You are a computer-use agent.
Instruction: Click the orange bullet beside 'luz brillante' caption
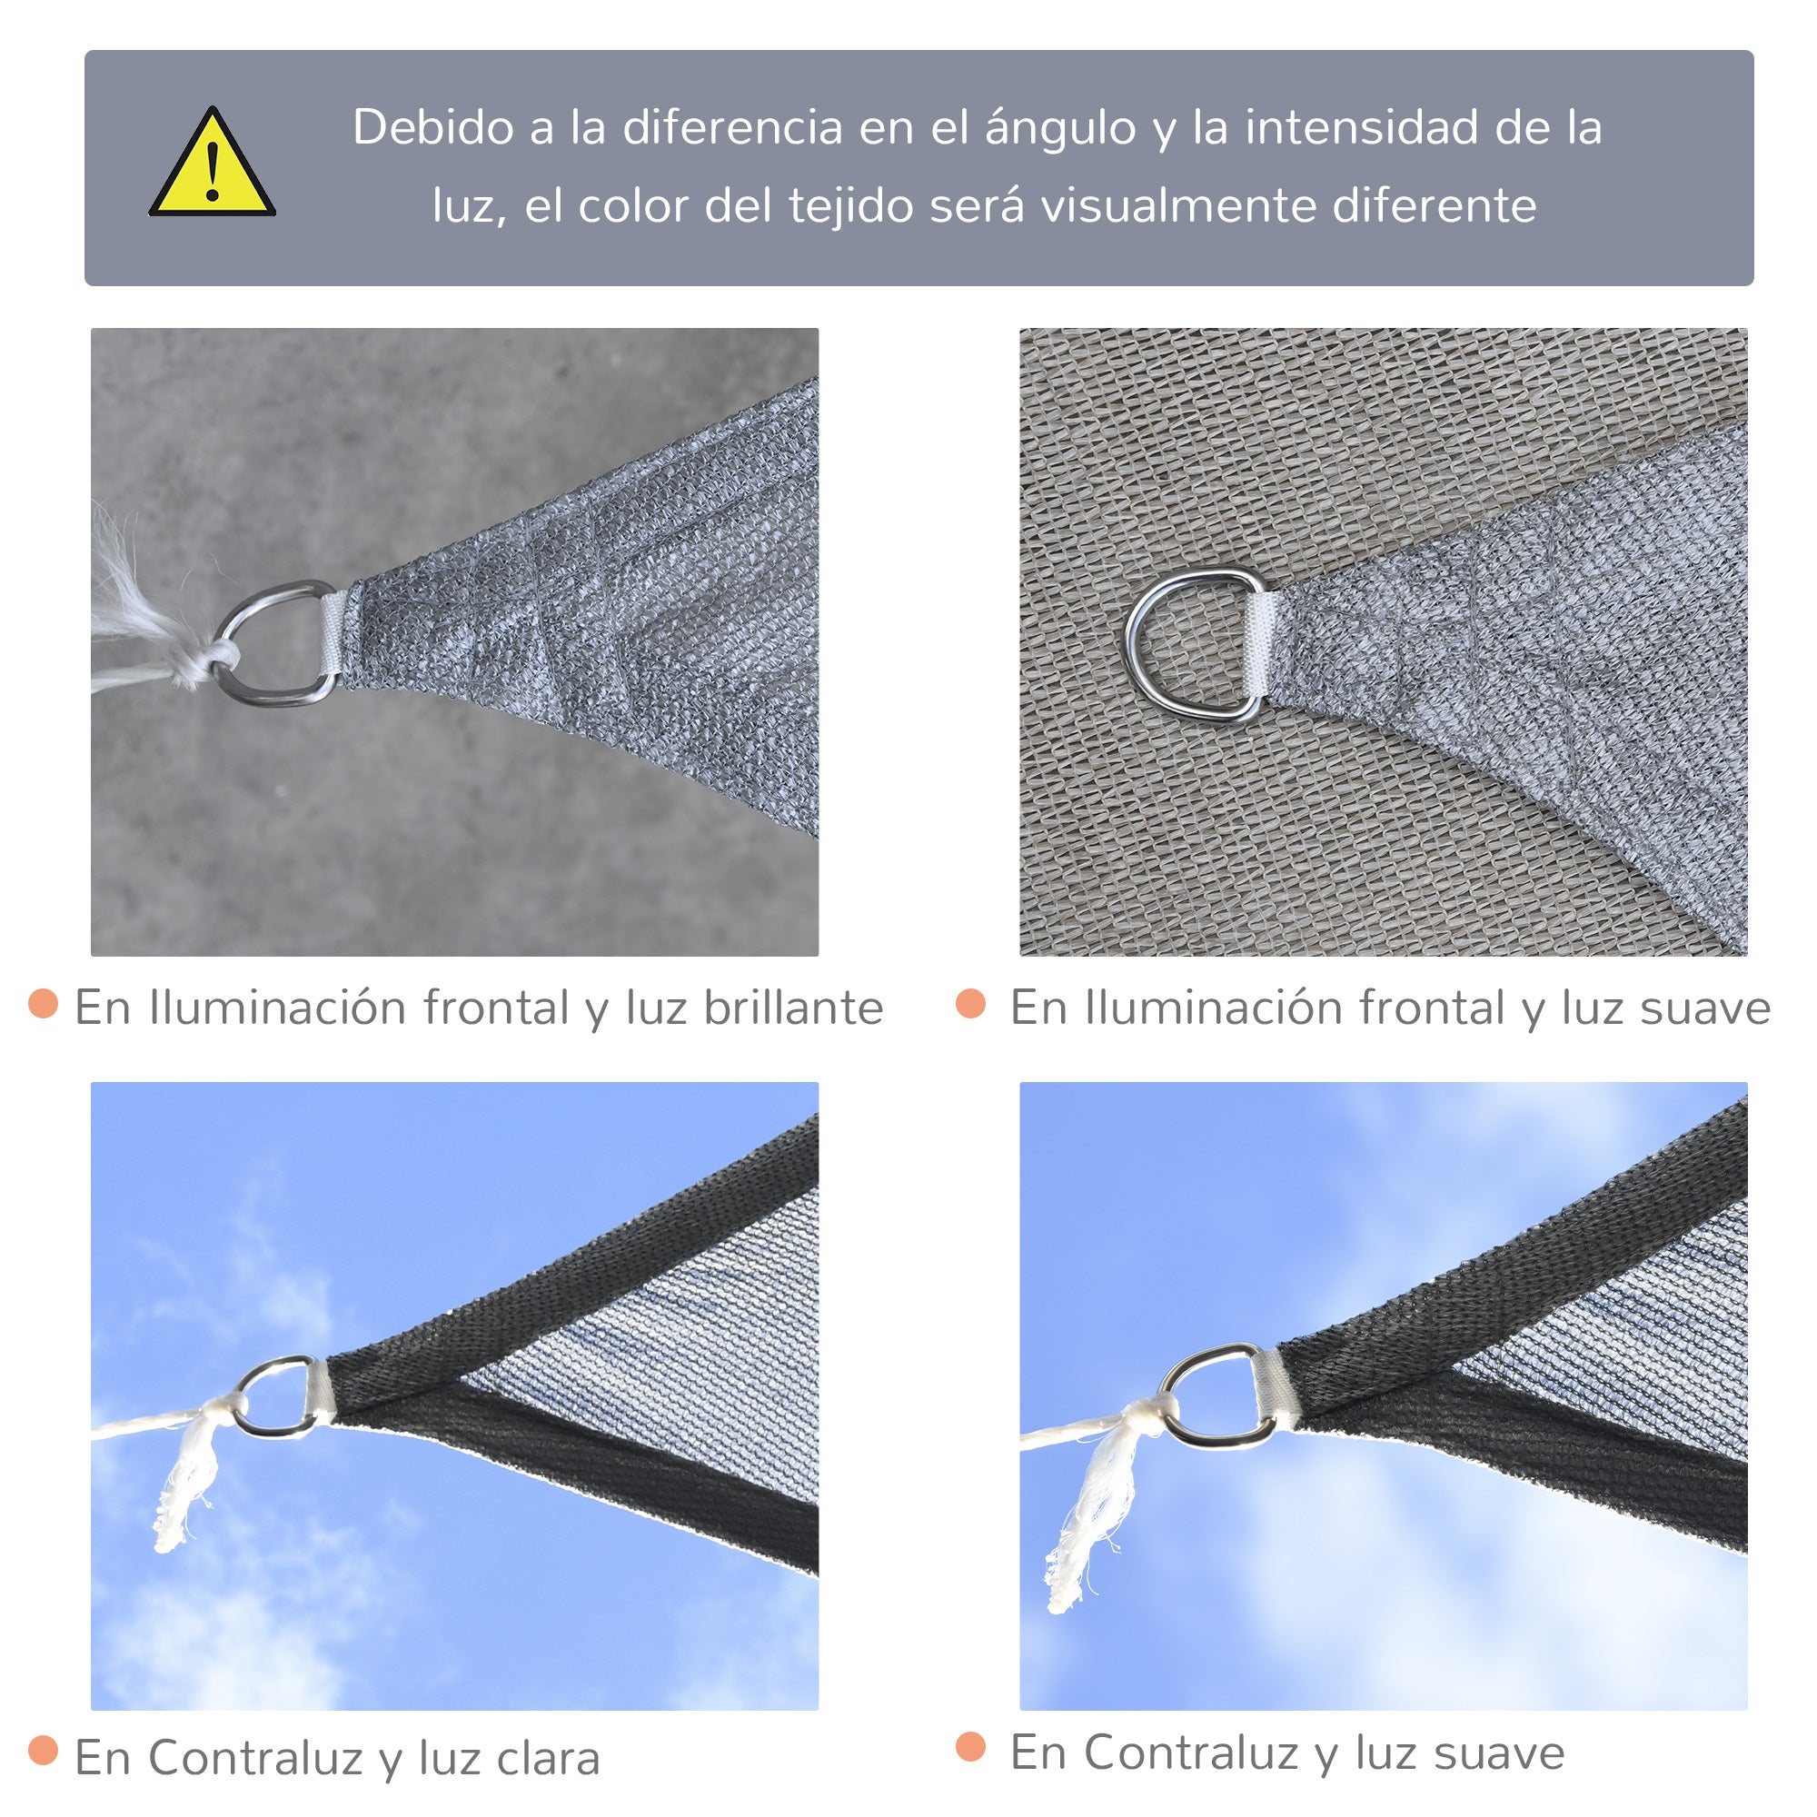(x=44, y=1004)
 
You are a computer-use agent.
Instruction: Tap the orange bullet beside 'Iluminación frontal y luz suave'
(x=970, y=1004)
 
